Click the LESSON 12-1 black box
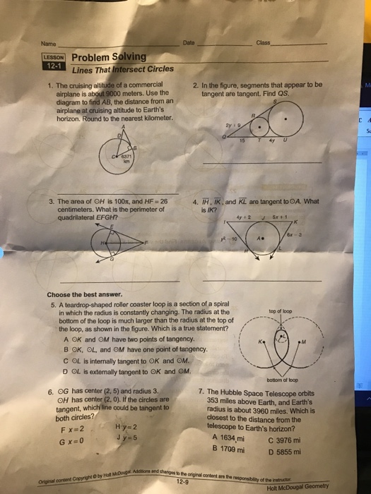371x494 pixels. [x=54, y=61]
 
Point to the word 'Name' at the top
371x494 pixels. [x=48, y=44]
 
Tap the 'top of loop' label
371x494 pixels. [x=281, y=311]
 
